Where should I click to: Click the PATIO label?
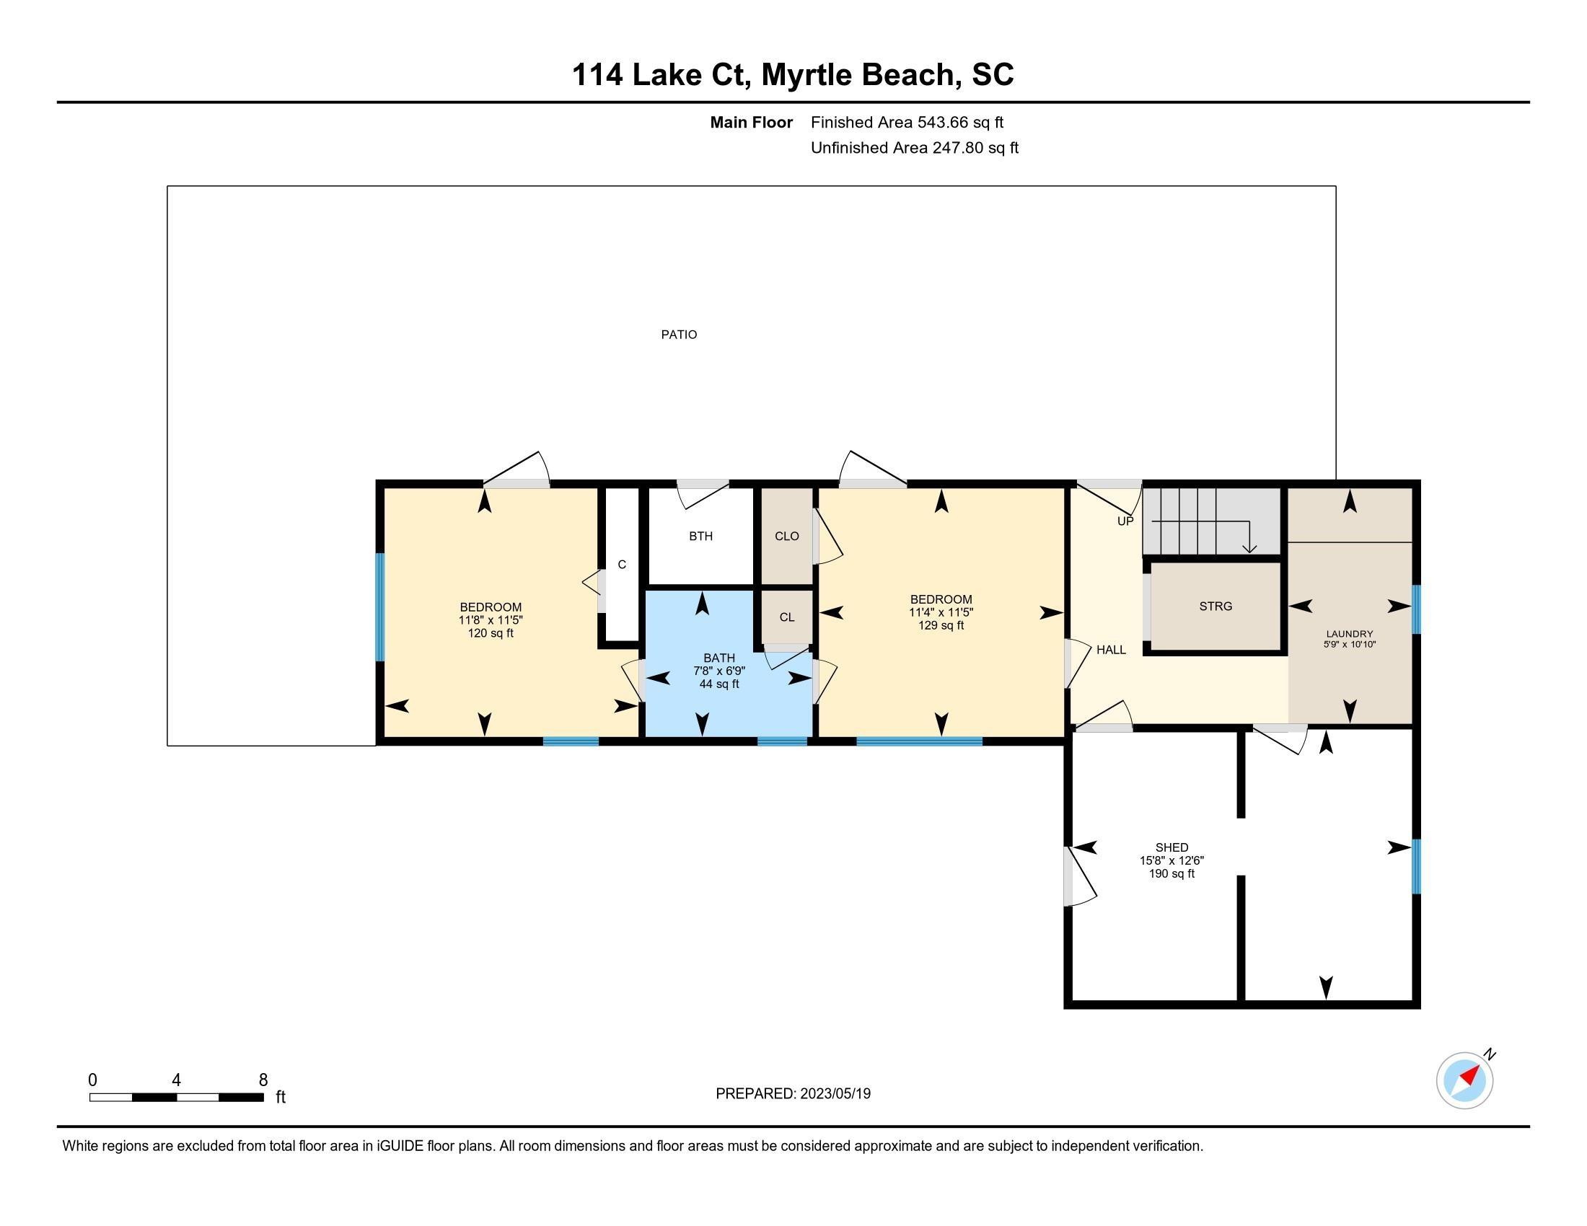coord(679,335)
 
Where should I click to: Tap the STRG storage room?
coord(1215,607)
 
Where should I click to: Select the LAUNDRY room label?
coord(1350,634)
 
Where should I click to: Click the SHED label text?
coord(1171,847)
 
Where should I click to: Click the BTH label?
coord(700,536)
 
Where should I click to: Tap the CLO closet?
coord(786,536)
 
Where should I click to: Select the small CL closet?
coord(786,617)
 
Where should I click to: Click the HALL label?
coord(1111,650)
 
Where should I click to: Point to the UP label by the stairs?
coord(1125,521)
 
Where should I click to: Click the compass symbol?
coord(1464,1080)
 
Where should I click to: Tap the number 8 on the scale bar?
coord(263,1080)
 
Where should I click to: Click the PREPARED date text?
coord(793,1094)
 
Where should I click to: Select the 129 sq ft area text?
coord(941,625)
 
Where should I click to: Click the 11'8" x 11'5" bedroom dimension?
coord(491,620)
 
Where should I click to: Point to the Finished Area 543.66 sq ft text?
coord(907,123)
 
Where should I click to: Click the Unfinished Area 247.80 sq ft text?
coord(914,148)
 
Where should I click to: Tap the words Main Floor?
coord(752,123)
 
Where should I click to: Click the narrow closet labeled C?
coord(622,565)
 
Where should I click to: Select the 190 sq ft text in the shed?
coord(1171,874)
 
